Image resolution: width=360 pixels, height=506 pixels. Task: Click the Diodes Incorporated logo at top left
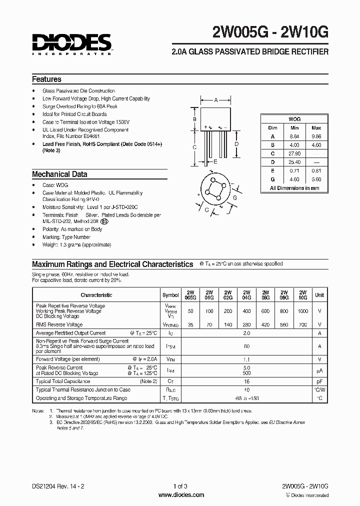click(x=71, y=43)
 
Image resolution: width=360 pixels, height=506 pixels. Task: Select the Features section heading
click(x=46, y=79)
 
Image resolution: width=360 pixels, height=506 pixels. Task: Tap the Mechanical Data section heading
click(x=59, y=174)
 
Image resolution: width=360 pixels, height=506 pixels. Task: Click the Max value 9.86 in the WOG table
click(x=316, y=136)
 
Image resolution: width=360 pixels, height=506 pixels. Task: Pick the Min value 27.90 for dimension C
click(x=294, y=153)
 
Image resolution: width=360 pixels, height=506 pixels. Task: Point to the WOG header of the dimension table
click(x=294, y=119)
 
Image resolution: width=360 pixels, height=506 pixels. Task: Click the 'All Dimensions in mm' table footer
click(x=294, y=188)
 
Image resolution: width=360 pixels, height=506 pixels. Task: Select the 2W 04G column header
click(x=246, y=294)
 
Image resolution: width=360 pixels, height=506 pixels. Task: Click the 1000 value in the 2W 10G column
click(x=302, y=311)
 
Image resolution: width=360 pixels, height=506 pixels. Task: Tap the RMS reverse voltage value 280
click(x=246, y=324)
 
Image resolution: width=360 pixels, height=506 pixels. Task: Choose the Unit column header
click(x=319, y=295)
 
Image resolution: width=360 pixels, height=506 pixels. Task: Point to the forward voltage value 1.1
click(x=246, y=359)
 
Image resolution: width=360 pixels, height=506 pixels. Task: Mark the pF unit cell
click(x=319, y=381)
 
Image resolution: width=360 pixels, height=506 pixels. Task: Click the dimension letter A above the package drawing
click(x=216, y=100)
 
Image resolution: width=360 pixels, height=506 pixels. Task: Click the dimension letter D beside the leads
click(x=236, y=143)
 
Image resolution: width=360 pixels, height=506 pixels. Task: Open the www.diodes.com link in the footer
click(x=180, y=495)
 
